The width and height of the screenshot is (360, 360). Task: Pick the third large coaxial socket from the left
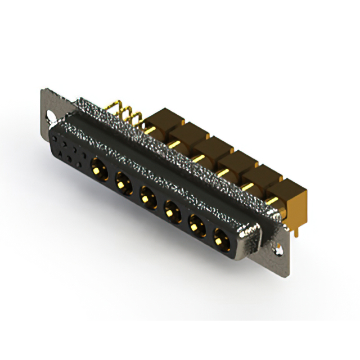pos(147,197)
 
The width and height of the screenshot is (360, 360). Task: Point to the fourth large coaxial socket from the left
pos(171,212)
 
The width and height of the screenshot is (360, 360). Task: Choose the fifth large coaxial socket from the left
pos(196,227)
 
